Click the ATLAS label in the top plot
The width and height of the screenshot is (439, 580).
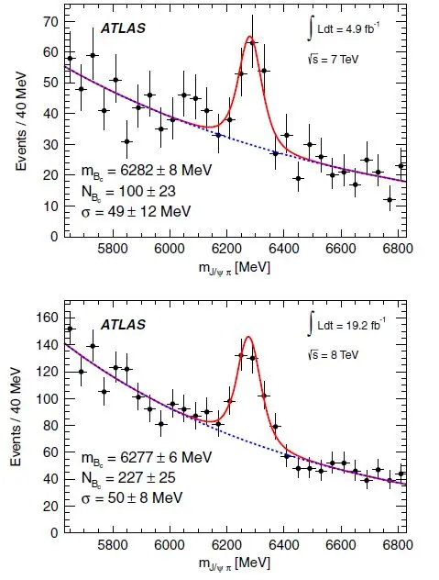tap(123, 28)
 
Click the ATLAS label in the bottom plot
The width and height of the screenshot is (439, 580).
tap(123, 324)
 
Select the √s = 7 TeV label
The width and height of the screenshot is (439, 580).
tap(333, 59)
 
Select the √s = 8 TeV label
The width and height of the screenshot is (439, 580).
tap(333, 355)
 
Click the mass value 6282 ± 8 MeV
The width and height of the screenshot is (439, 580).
tap(147, 171)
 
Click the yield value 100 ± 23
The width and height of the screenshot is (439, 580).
tap(128, 192)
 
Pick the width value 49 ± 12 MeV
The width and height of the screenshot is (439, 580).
tap(136, 212)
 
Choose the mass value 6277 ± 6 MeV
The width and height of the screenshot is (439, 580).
tap(147, 458)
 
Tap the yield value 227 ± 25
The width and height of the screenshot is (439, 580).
tap(128, 478)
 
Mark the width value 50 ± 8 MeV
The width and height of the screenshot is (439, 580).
tap(132, 497)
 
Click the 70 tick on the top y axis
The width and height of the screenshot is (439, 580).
tap(50, 22)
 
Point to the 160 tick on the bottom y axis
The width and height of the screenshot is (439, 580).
tap(48, 318)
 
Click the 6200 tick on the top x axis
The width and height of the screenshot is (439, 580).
tap(226, 248)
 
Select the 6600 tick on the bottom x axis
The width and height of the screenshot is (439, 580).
tap(340, 545)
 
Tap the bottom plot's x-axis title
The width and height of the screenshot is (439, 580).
tap(235, 563)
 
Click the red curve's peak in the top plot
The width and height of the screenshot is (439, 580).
tap(250, 37)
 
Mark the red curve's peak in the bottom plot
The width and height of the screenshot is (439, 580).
tap(248, 337)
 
